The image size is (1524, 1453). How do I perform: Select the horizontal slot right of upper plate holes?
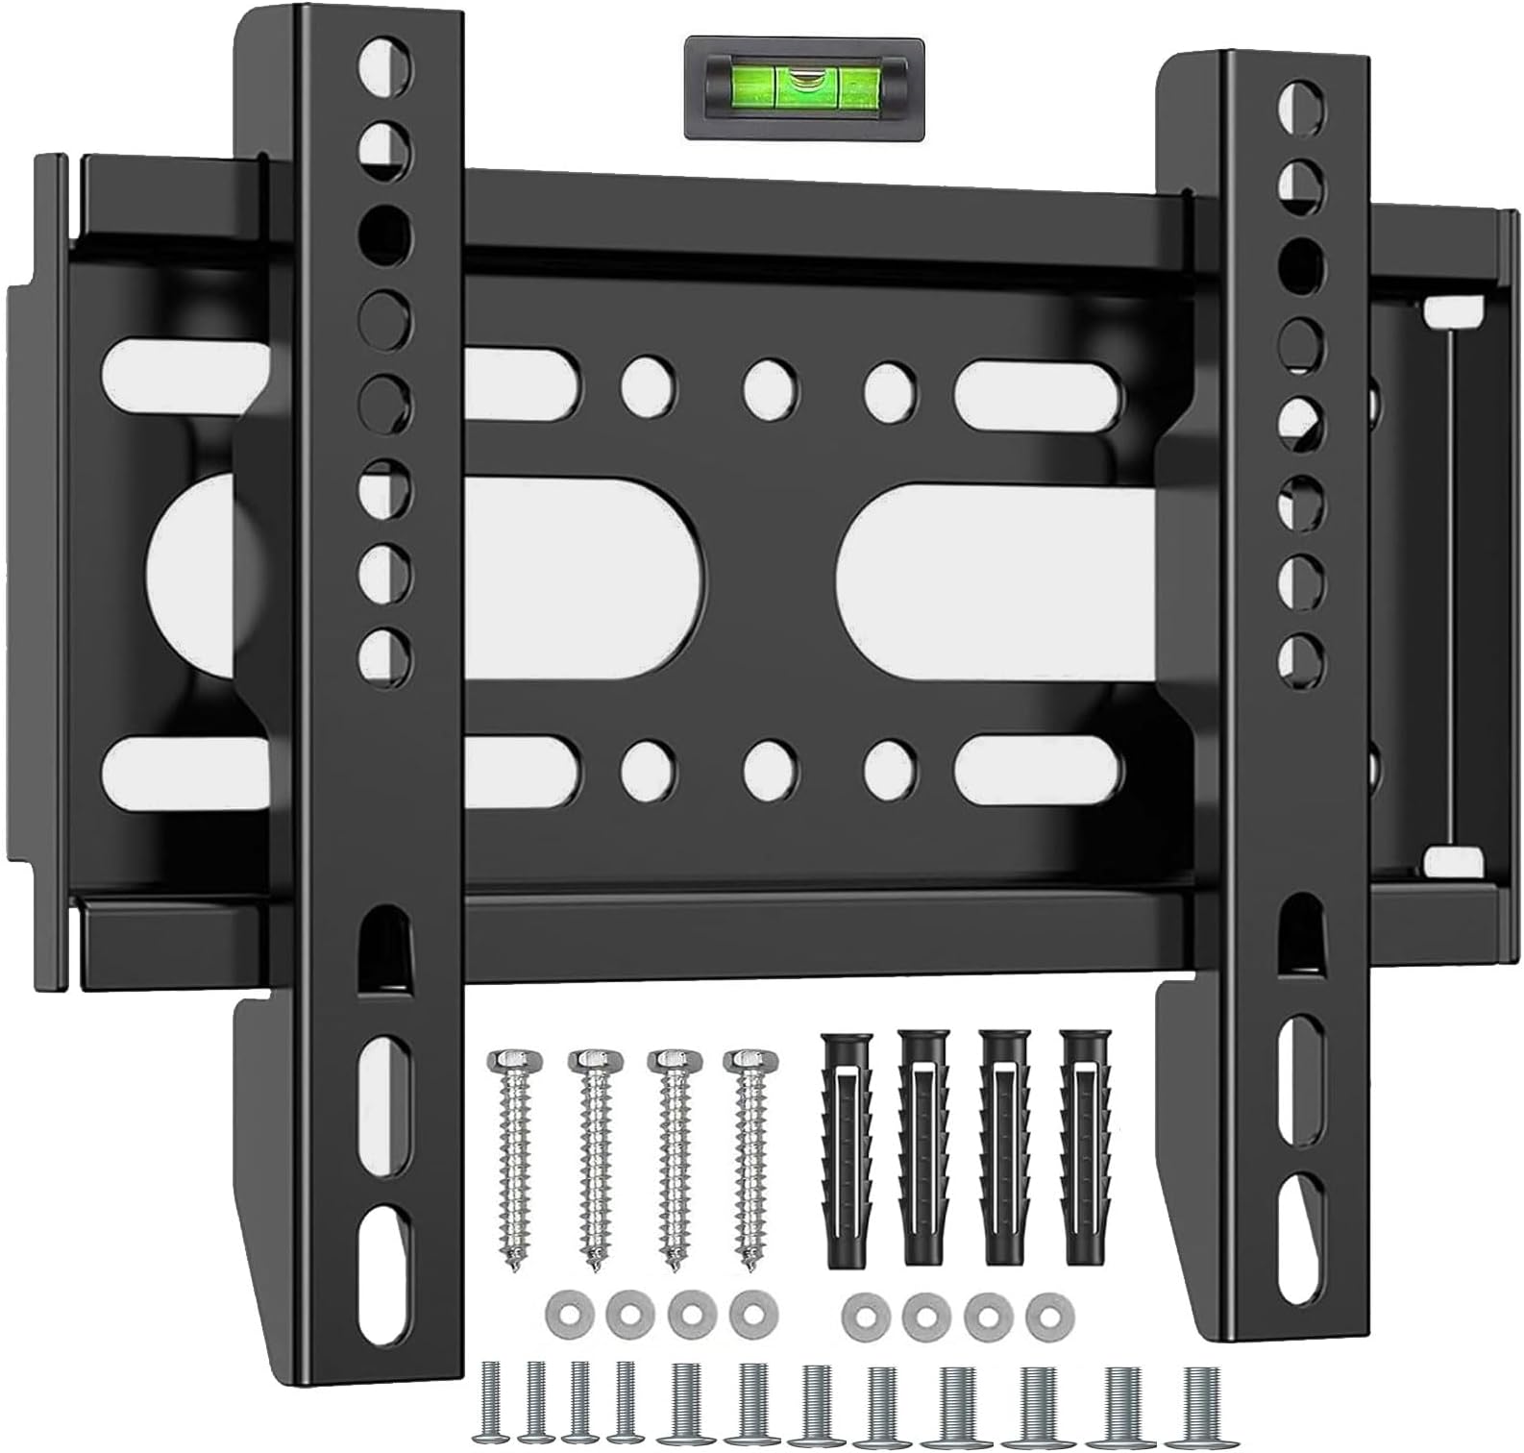pyautogui.click(x=1038, y=387)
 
